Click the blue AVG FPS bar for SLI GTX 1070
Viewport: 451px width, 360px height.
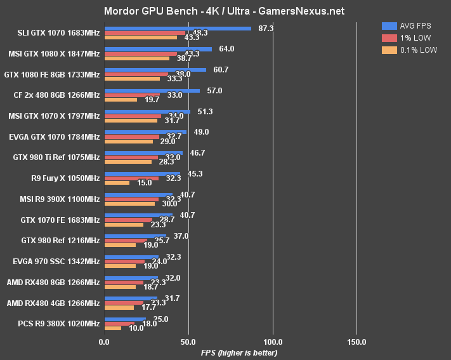pos(178,28)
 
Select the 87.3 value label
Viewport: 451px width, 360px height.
pos(266,29)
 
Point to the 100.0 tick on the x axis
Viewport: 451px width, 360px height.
pos(273,343)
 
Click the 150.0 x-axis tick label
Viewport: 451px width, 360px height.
pos(356,343)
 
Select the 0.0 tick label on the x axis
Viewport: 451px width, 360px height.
pos(105,343)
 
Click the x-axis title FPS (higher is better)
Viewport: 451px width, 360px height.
pos(239,352)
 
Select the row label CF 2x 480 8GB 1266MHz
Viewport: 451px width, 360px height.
pos(56,95)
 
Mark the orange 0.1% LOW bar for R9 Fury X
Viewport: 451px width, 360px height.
pos(117,183)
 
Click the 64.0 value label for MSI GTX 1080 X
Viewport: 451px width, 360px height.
pos(226,49)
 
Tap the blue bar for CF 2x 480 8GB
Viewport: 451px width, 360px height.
pos(152,90)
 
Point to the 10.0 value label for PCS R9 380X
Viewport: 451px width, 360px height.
pos(135,328)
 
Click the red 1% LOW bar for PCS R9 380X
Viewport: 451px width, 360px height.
pos(119,323)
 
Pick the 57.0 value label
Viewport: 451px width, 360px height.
pos(215,91)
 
